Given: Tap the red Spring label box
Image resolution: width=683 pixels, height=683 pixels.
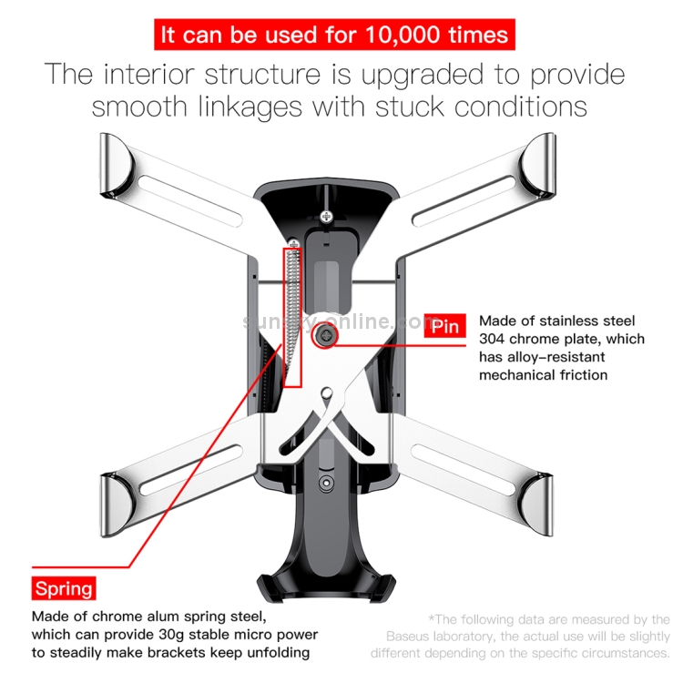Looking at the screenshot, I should [64, 587].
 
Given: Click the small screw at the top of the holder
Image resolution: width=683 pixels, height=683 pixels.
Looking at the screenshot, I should [325, 215].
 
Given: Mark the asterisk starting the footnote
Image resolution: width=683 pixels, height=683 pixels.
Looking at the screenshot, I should [430, 619].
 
